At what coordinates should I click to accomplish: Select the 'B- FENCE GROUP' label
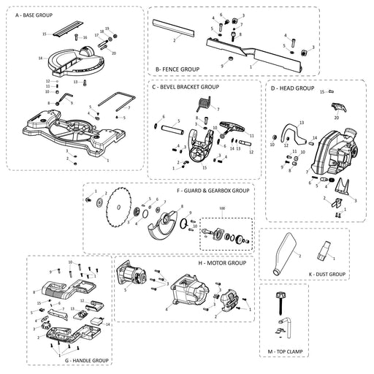(178, 69)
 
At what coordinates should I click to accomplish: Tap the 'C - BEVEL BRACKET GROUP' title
(186, 86)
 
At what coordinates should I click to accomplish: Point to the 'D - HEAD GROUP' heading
(292, 88)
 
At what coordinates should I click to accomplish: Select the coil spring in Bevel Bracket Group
(205, 107)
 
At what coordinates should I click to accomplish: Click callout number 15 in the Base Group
(44, 34)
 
